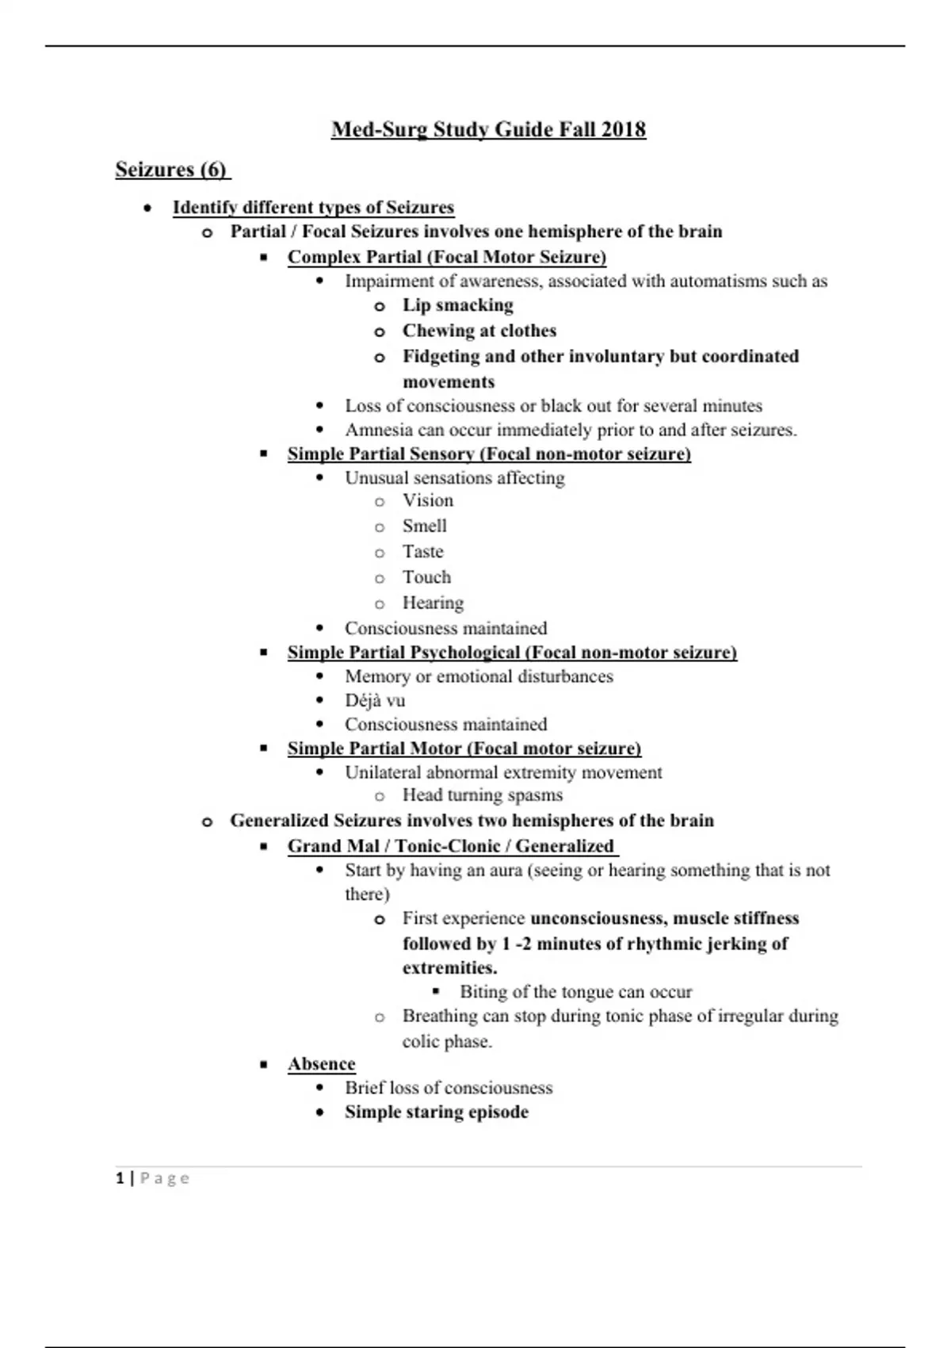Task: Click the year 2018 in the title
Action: point(623,130)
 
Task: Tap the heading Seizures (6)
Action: point(171,170)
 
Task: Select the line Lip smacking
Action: point(457,305)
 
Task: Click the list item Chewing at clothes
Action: point(479,331)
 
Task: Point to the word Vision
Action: point(428,500)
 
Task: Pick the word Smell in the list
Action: point(424,526)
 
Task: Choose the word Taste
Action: point(422,552)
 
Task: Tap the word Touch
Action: point(426,577)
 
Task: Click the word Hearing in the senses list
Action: point(433,603)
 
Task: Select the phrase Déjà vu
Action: point(375,700)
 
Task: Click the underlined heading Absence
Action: point(321,1064)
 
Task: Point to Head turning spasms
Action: point(482,795)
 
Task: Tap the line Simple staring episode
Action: point(436,1112)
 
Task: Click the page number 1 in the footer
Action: point(120,1178)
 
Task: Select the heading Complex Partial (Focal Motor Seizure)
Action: point(446,257)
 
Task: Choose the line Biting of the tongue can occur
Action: point(575,992)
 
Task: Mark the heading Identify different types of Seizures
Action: point(313,208)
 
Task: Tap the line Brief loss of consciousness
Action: point(448,1088)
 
